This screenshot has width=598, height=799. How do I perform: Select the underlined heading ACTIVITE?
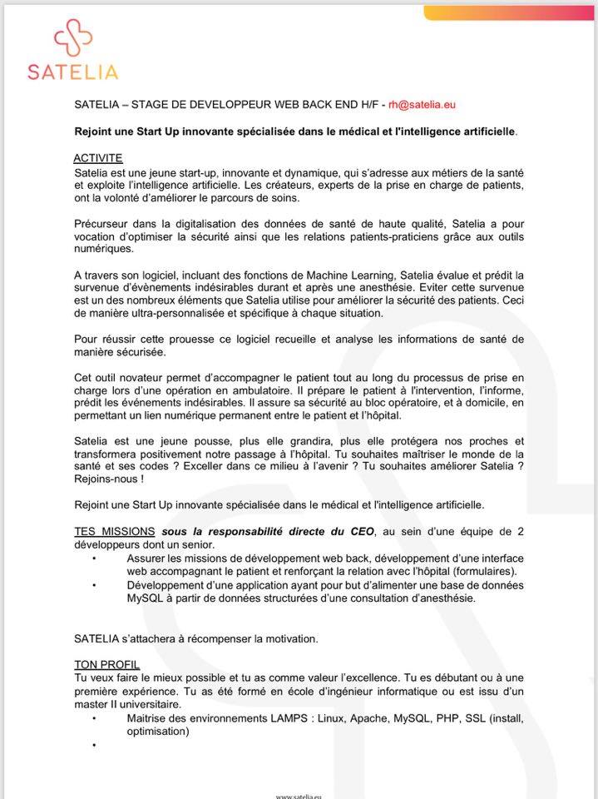click(x=98, y=158)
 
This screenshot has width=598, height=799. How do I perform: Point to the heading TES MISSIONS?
click(x=115, y=531)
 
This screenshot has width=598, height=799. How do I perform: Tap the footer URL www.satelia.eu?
click(x=299, y=796)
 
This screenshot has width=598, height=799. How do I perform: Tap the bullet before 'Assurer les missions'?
click(x=95, y=558)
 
